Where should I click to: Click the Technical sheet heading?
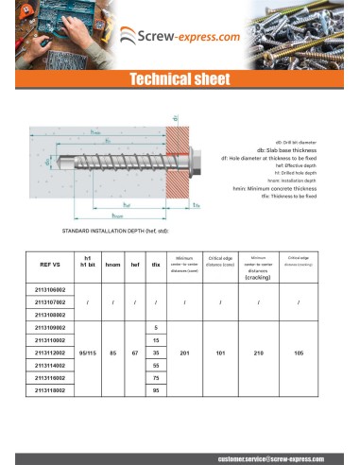(x=180, y=81)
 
